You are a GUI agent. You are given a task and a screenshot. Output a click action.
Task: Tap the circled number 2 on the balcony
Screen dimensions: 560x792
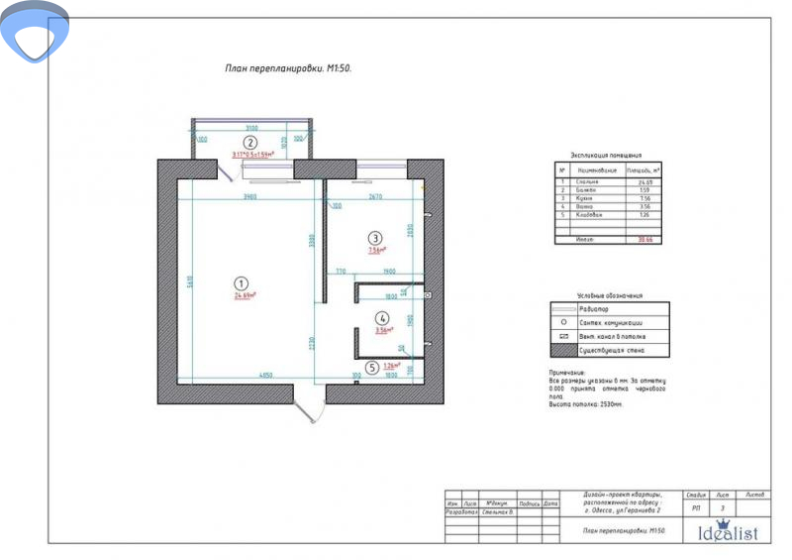point(250,142)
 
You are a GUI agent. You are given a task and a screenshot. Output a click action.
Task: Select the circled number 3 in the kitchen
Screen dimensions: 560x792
point(374,237)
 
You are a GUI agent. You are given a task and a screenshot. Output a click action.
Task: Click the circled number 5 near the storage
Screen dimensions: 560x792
point(371,367)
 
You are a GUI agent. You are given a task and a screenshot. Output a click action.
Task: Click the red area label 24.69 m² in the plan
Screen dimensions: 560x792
point(245,295)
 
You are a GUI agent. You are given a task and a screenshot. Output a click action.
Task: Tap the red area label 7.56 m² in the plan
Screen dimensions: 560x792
point(376,251)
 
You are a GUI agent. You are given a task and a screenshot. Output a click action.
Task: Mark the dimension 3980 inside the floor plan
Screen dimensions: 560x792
point(249,197)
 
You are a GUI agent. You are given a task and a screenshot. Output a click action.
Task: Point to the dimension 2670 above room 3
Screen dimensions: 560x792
point(374,197)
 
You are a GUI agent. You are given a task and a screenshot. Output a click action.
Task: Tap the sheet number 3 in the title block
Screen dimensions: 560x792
point(723,508)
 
